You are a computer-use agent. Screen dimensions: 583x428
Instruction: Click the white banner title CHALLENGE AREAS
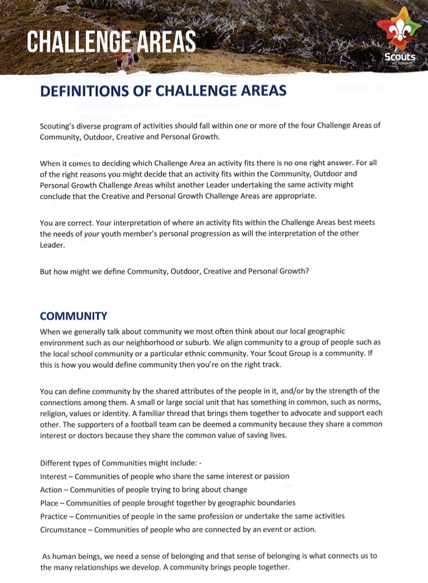point(111,42)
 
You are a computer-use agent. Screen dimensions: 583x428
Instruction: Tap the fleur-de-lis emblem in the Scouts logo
point(399,32)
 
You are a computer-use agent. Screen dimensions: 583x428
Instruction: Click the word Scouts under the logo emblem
point(400,57)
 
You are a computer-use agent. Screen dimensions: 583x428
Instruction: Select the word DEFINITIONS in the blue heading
point(85,91)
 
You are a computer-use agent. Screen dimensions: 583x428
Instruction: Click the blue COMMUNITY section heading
point(73,316)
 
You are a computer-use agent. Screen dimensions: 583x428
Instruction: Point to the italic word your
point(92,234)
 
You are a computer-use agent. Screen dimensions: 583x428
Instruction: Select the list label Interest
point(53,477)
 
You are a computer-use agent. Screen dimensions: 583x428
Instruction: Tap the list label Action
point(51,490)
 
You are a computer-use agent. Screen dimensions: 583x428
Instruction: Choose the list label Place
point(49,503)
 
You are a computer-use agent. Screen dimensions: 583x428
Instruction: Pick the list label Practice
point(54,517)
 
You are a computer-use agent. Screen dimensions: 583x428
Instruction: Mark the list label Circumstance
point(63,530)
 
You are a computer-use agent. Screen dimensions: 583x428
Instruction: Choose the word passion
point(276,477)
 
